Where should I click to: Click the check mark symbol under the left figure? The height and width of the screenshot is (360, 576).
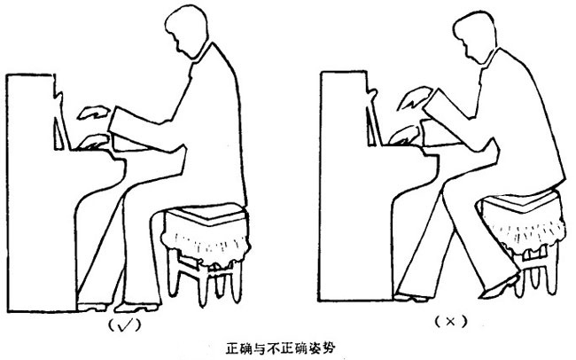pos(125,325)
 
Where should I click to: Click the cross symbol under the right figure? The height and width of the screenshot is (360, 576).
pos(450,322)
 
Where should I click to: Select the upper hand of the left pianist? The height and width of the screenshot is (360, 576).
pos(94,113)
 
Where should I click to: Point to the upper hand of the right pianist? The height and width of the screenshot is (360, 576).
pos(415,98)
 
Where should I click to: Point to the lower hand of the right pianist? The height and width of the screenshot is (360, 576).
pos(404,135)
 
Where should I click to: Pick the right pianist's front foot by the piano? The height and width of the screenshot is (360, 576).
pos(410,297)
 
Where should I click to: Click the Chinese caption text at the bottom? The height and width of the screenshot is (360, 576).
pos(280,348)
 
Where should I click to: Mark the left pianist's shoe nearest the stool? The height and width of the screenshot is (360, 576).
pos(137,307)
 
